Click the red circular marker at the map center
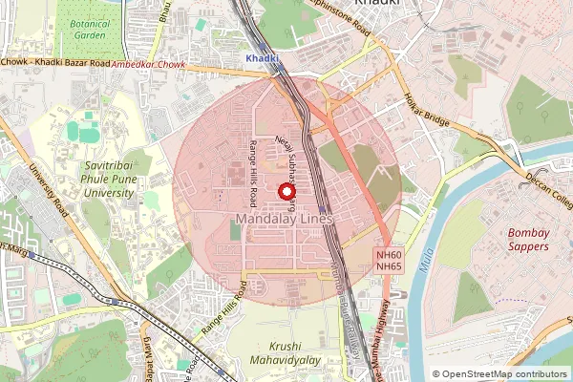tap(286, 192)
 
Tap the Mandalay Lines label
tap(282, 220)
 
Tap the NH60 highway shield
tap(388, 255)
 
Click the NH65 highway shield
tap(388, 267)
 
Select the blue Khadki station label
tap(263, 58)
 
